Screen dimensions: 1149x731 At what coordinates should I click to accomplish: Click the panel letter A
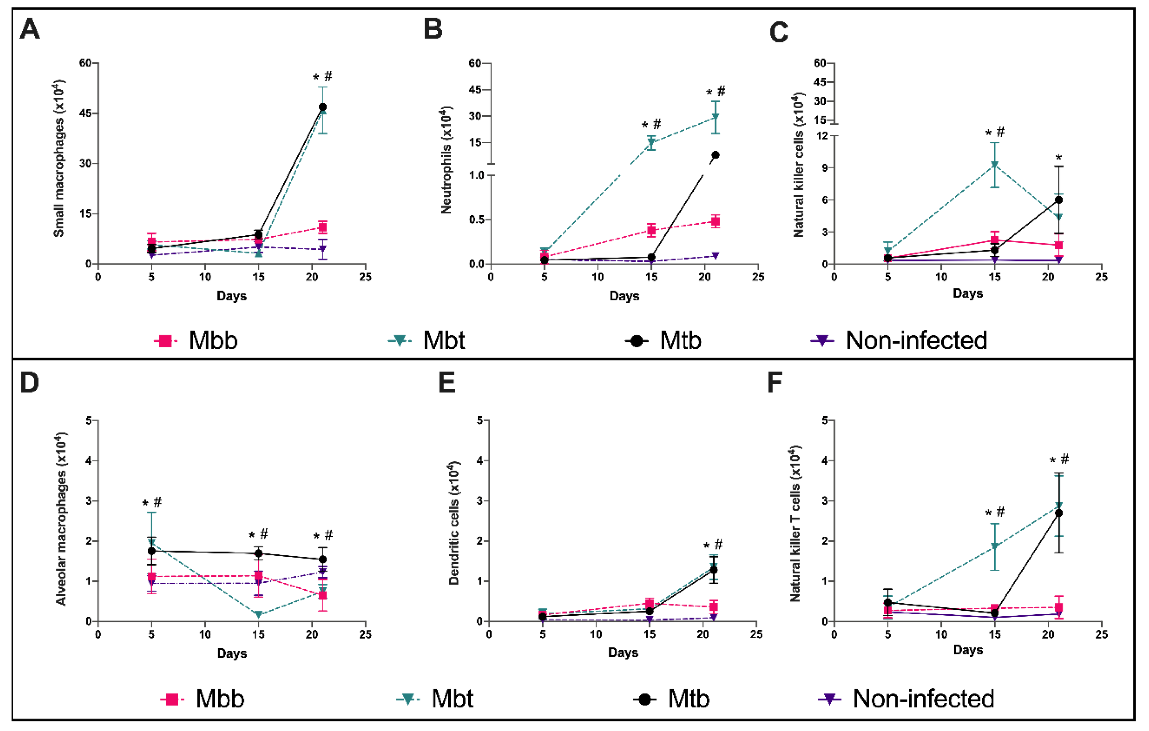tap(29, 29)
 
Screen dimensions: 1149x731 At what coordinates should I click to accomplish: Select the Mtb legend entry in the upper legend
tap(664, 340)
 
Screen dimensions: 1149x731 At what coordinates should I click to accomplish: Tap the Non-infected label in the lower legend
tap(923, 698)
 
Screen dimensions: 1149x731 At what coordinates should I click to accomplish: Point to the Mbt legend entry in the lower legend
tap(435, 698)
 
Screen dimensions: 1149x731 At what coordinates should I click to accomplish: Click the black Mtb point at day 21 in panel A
tap(323, 107)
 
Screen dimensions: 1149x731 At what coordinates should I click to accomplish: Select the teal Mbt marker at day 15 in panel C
tap(995, 165)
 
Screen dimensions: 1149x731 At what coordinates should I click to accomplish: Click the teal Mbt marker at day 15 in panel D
tap(258, 615)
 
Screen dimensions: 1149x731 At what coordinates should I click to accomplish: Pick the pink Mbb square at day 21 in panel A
tap(323, 227)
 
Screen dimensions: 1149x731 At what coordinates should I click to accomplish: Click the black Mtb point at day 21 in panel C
tap(1058, 200)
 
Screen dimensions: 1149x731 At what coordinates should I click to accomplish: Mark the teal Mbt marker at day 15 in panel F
tap(995, 546)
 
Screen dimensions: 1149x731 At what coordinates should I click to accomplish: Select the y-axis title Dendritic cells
tap(454, 523)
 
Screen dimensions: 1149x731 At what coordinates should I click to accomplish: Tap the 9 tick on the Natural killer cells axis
tap(824, 168)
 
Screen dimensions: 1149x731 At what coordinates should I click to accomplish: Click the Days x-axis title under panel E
tap(623, 653)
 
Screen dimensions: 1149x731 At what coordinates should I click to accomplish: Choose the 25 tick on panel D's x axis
tap(365, 635)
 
